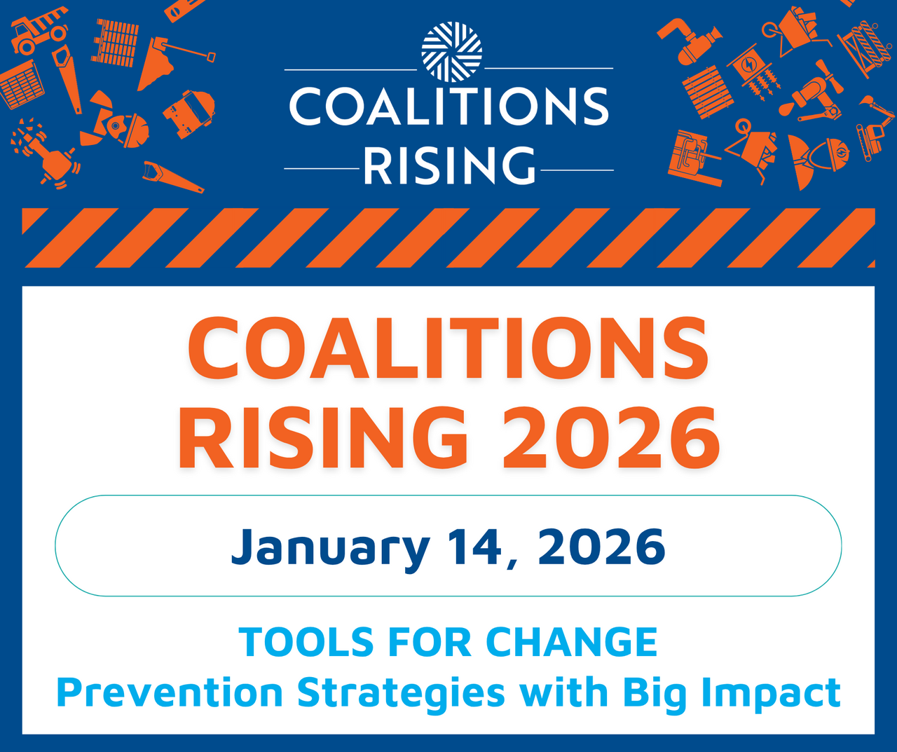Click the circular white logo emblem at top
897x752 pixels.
coord(452,52)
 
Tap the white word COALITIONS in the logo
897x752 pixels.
coord(448,107)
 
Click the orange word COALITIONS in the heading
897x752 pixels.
coord(448,348)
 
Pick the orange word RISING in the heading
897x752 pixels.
coord(323,437)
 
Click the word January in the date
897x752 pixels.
coord(330,548)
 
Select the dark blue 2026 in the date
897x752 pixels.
coord(601,547)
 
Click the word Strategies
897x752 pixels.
coord(401,693)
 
